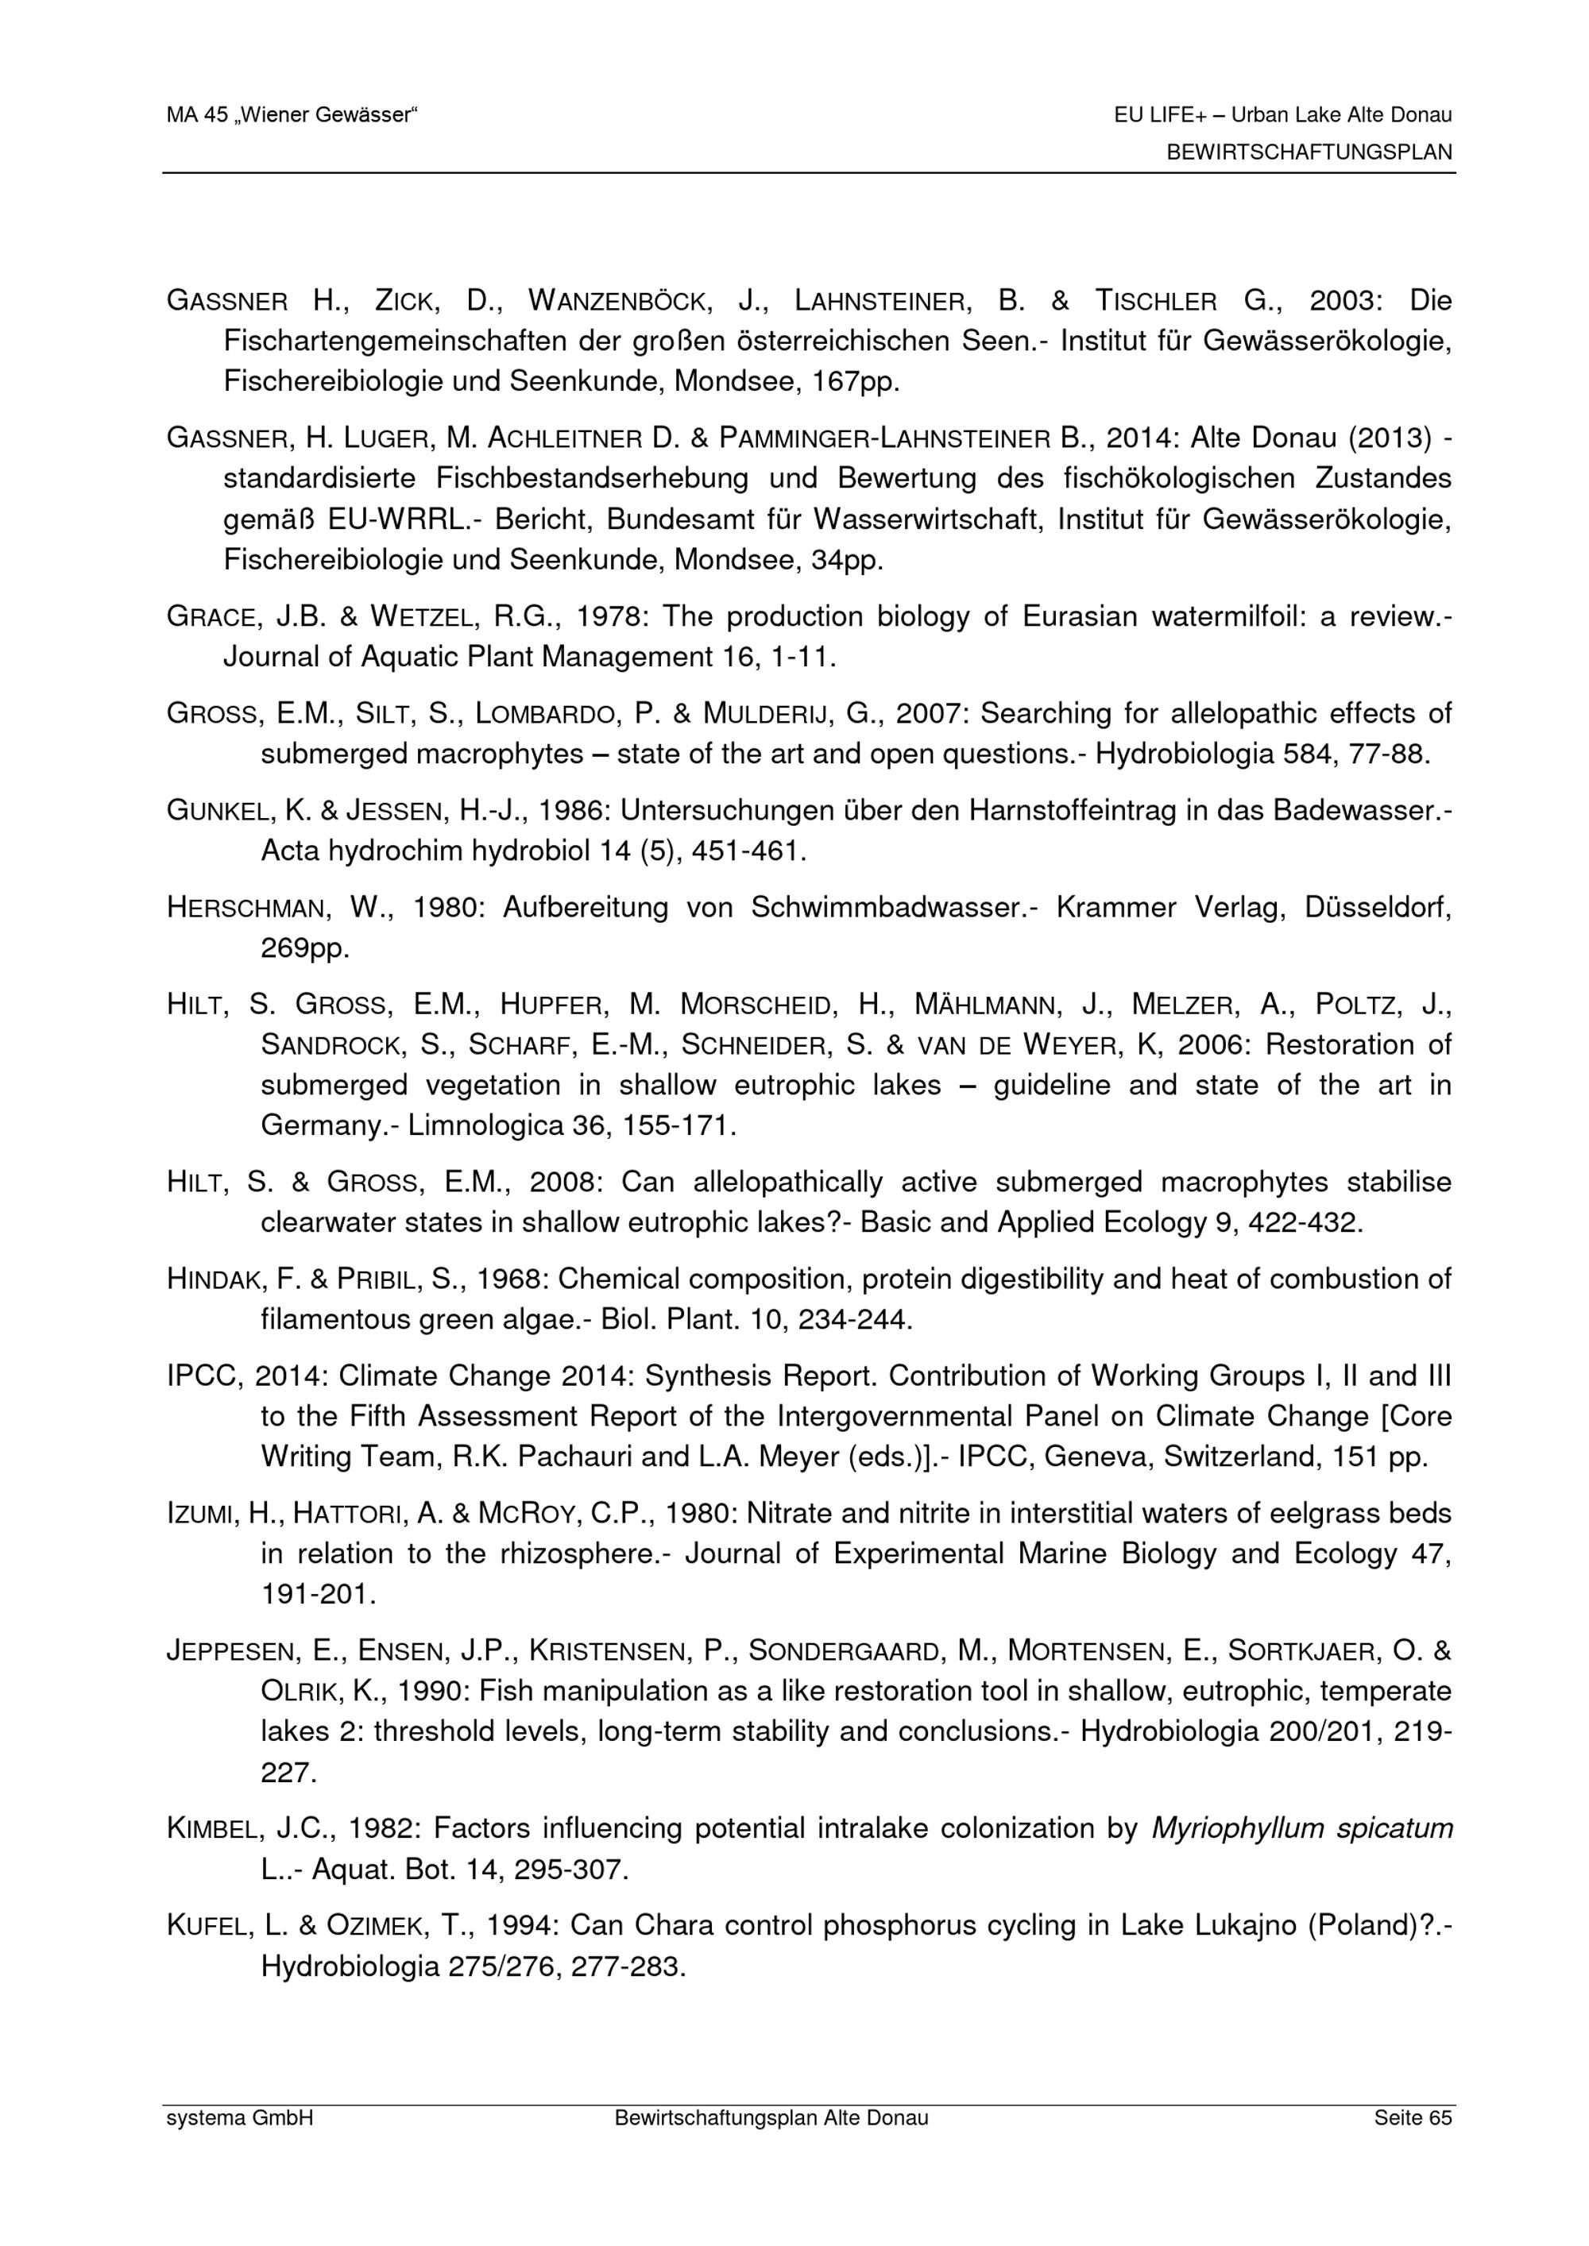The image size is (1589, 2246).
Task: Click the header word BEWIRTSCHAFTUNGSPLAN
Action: pyautogui.click(x=1309, y=152)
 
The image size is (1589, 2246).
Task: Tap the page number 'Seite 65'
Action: pyautogui.click(x=1412, y=2118)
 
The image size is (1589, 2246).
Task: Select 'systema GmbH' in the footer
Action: pyautogui.click(x=240, y=2118)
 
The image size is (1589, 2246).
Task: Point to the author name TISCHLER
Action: pyautogui.click(x=1155, y=300)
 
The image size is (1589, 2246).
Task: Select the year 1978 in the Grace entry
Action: pyautogui.click(x=610, y=616)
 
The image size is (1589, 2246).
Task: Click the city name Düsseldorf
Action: pyautogui.click(x=1378, y=907)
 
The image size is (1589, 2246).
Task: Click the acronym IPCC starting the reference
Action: pyautogui.click(x=203, y=1376)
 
